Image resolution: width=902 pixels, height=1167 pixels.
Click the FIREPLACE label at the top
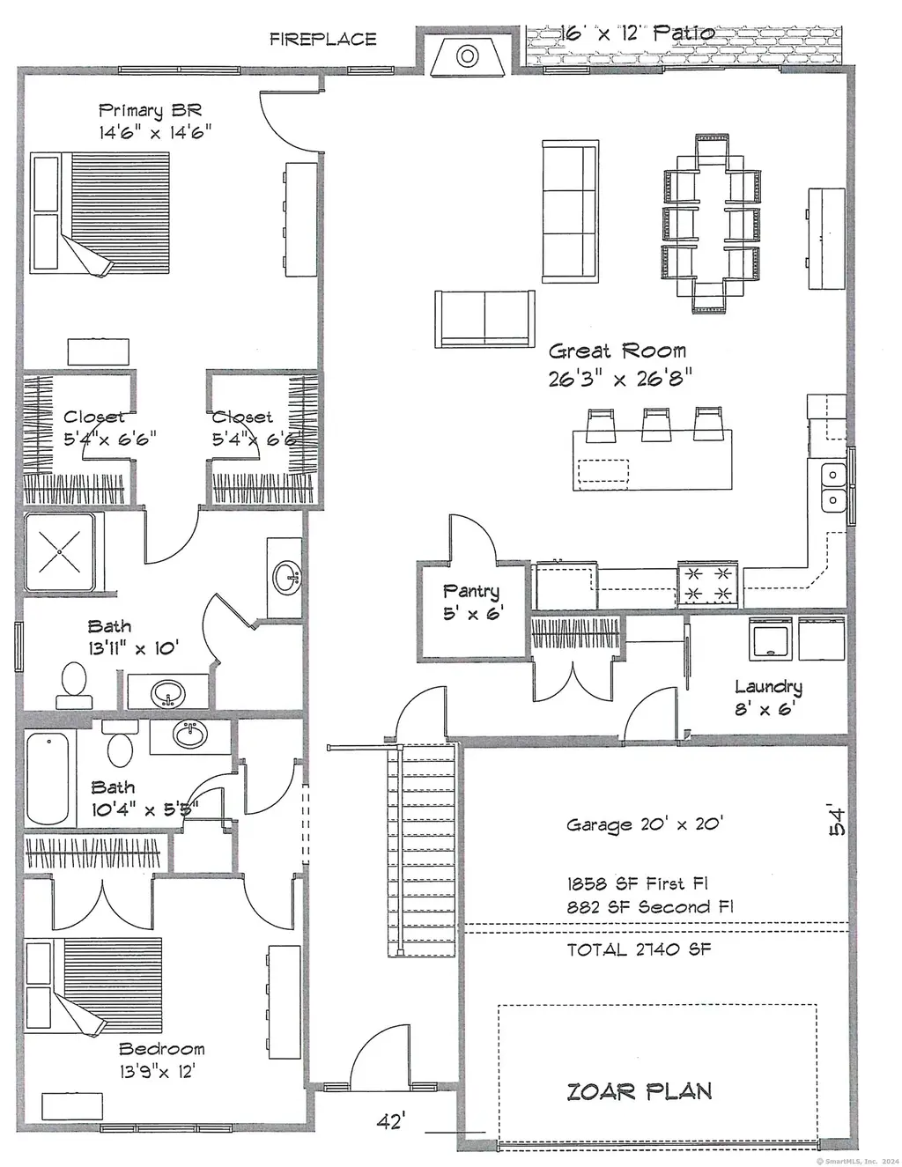322,40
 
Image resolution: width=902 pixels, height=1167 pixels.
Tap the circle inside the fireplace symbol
467,55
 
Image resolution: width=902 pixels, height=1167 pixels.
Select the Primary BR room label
151,111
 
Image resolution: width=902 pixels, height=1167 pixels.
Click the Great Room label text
617,351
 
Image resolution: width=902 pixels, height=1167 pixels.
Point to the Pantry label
471,591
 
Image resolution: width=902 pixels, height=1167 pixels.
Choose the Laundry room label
768,687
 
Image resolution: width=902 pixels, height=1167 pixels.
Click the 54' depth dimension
837,819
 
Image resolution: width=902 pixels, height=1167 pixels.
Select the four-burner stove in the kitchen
707,584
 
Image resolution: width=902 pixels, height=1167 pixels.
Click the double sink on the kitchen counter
832,487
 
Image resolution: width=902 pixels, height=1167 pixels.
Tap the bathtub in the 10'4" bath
48,779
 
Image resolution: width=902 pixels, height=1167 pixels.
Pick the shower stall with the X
60,551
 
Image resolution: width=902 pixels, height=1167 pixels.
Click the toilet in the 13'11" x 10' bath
74,686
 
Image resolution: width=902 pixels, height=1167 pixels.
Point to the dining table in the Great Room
711,224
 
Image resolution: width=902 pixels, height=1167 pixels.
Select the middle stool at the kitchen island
656,425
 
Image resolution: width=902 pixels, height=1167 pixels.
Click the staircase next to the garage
422,850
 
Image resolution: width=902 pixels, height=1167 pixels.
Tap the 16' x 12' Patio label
638,33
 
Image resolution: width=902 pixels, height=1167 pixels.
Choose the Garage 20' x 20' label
645,824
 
